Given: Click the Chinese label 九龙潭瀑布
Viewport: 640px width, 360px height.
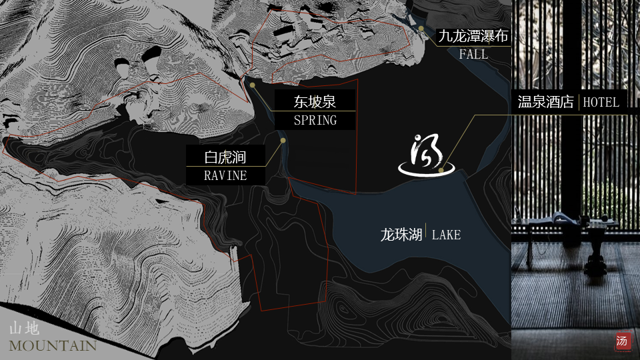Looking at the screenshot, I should [473, 36].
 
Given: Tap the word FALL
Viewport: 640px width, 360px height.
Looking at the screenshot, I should [473, 54].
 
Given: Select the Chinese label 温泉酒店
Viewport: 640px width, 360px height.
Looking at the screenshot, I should [546, 102].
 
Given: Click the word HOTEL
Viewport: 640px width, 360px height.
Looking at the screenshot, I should [601, 102].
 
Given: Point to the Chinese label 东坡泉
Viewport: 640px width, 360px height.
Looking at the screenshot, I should [315, 102].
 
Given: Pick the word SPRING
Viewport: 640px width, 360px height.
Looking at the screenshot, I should [315, 121].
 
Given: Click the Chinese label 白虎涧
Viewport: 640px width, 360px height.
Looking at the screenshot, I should [225, 158].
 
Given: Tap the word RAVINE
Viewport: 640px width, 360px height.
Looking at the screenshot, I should [225, 176].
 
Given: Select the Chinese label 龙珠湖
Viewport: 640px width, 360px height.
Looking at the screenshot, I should [401, 235].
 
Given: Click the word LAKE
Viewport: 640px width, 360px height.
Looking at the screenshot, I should [446, 235].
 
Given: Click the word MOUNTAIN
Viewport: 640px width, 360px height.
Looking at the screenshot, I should [53, 345].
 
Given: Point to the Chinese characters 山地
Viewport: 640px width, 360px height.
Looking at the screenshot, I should [25, 329].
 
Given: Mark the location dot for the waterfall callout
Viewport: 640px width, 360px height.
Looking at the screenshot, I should [421, 29].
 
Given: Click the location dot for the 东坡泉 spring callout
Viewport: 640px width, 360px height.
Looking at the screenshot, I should [253, 85].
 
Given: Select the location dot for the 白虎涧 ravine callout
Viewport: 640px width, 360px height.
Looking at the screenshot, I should [283, 141].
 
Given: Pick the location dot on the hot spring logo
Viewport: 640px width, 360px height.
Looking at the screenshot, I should [441, 170].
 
